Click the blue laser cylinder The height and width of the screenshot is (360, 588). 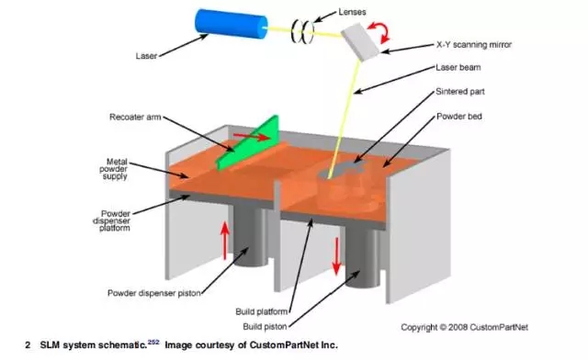[231, 23]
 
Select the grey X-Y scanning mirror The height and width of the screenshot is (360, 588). [361, 41]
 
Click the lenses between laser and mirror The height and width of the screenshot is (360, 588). [302, 30]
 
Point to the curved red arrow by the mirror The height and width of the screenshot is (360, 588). [379, 32]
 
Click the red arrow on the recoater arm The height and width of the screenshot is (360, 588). [251, 137]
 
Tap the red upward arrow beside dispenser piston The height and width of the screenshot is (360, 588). [224, 241]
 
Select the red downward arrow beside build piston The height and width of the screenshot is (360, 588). [336, 256]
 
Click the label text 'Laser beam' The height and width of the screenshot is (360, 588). [458, 68]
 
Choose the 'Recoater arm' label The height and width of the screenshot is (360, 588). [135, 117]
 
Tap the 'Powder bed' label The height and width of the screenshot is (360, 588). [459, 117]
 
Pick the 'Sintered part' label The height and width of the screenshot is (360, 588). [459, 92]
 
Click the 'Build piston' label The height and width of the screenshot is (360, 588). [265, 327]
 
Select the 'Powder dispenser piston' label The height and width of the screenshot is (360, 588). [154, 293]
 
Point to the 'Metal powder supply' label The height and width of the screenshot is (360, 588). [114, 169]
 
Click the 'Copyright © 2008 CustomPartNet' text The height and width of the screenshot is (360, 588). [464, 327]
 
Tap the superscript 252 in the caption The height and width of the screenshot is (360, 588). [153, 342]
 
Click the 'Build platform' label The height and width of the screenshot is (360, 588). [261, 311]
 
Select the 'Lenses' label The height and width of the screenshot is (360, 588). [352, 12]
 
